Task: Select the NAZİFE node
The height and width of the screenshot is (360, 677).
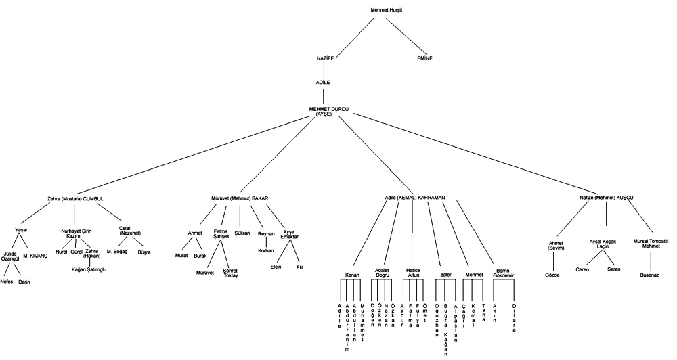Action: [x=326, y=59]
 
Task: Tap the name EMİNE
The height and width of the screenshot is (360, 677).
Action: [x=425, y=59]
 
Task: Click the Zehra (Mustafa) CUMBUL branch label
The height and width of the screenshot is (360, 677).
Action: [x=75, y=198]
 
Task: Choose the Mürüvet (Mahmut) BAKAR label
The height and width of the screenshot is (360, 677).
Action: [x=241, y=198]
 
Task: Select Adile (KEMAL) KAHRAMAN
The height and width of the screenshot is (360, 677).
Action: [x=414, y=197]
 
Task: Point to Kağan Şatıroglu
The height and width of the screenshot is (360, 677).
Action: [x=89, y=270]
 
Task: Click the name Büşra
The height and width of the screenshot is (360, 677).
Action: [x=144, y=252]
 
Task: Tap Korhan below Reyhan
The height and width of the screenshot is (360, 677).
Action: [x=266, y=250]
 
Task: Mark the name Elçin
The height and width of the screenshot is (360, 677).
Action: [x=276, y=267]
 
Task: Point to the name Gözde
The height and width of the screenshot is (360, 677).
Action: [x=552, y=275]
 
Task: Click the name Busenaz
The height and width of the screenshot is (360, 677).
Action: [x=651, y=275]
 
